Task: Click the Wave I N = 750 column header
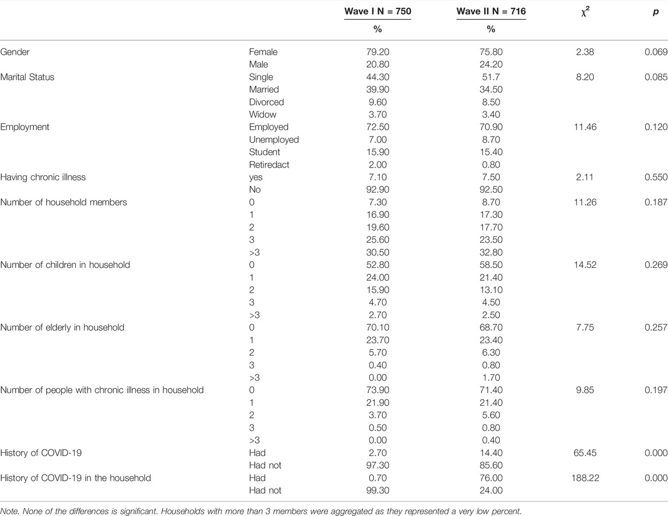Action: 377,12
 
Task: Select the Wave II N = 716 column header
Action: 491,12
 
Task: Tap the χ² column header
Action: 585,12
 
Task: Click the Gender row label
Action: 15,52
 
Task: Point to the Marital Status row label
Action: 27,77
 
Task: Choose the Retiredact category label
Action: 269,165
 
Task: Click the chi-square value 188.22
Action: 585,478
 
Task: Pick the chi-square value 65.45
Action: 585,453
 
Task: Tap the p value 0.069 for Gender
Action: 656,52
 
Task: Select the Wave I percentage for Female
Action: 377,52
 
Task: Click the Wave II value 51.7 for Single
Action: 491,77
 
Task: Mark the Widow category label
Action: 263,114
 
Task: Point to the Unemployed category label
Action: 274,140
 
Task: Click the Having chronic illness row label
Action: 43,177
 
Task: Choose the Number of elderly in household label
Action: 62,327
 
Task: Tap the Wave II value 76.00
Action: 491,478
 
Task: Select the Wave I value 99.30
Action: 377,490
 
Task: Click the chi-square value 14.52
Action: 585,265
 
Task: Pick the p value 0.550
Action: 656,177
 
